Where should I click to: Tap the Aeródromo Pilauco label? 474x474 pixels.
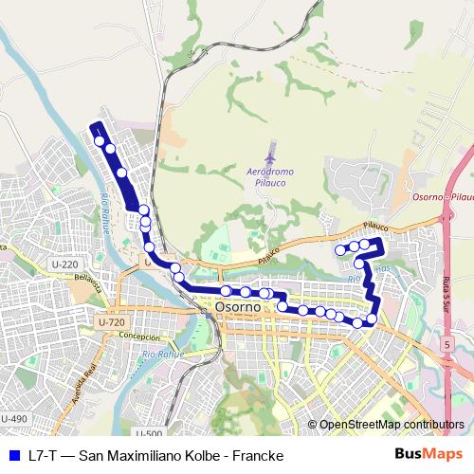click(x=270, y=177)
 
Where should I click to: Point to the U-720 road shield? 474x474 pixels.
click(x=111, y=322)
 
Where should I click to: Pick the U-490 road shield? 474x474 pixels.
click(x=14, y=419)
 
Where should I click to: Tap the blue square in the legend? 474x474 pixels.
click(x=13, y=456)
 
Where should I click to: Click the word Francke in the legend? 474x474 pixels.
click(x=258, y=456)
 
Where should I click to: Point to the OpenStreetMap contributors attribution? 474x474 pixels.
click(x=386, y=425)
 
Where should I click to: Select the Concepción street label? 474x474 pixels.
click(x=139, y=337)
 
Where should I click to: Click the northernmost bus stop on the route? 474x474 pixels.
click(x=100, y=141)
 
